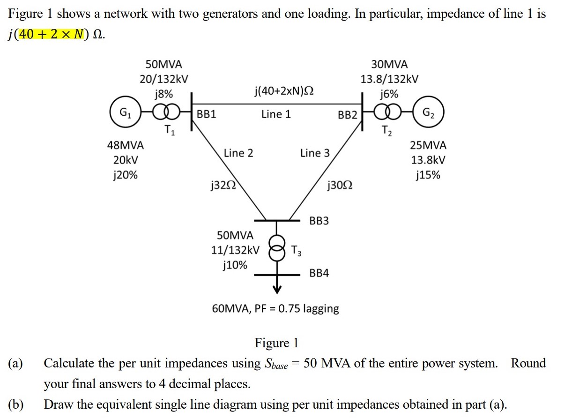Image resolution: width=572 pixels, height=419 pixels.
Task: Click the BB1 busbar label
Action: pyautogui.click(x=206, y=114)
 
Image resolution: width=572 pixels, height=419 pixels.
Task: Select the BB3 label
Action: pyautogui.click(x=319, y=221)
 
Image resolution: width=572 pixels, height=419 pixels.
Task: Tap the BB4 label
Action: pyautogui.click(x=319, y=273)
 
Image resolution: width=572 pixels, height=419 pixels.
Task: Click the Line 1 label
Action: pyautogui.click(x=276, y=114)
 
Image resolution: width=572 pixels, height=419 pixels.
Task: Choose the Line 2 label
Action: pyautogui.click(x=238, y=153)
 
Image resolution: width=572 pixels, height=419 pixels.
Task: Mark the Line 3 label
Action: pyautogui.click(x=315, y=153)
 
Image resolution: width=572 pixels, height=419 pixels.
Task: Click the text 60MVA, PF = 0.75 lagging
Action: pyautogui.click(x=275, y=309)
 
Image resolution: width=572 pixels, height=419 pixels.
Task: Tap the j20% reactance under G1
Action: pyautogui.click(x=126, y=175)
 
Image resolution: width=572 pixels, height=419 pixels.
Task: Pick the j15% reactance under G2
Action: pyautogui.click(x=428, y=175)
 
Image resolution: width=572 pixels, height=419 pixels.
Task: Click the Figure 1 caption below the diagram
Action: pyautogui.click(x=276, y=343)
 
